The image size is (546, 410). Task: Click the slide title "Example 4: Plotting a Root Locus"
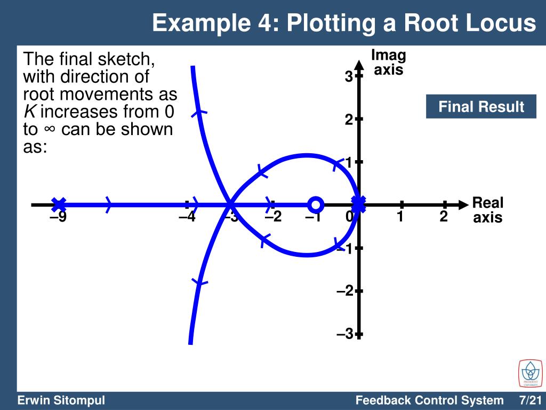343,23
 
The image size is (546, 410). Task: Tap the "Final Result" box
481,107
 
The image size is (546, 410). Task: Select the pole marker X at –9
59,204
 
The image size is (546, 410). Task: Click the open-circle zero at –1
316,204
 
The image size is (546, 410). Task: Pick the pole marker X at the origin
359,203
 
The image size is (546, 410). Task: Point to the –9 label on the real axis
58,218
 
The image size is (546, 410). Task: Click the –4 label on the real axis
187,218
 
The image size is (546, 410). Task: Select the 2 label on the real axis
444,217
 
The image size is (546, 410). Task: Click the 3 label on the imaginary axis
348,77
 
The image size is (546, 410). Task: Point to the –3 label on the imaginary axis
345,334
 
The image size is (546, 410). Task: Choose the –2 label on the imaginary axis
345,291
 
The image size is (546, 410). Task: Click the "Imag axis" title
388,62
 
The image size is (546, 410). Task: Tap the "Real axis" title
488,210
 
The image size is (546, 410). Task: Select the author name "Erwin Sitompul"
61,400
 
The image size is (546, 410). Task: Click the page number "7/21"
530,400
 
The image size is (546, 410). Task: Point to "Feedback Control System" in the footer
429,400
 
